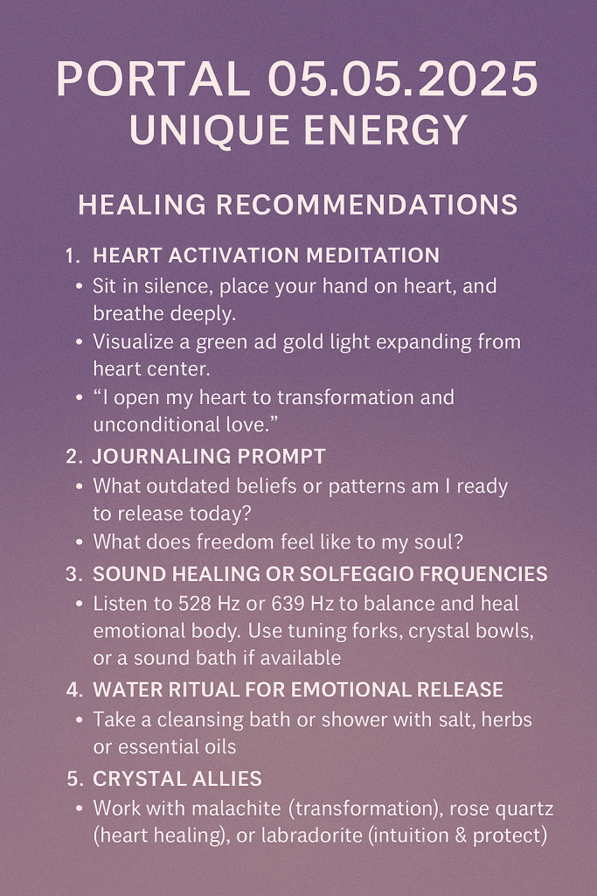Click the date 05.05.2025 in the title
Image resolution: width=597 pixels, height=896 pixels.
pyautogui.click(x=402, y=79)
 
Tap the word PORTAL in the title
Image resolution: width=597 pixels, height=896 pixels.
pyautogui.click(x=154, y=79)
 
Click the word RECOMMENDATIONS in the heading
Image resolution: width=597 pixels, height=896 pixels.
pyautogui.click(x=367, y=205)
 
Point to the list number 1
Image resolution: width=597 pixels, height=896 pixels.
pyautogui.click(x=73, y=255)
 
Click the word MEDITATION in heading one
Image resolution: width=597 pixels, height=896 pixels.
pyautogui.click(x=372, y=255)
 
